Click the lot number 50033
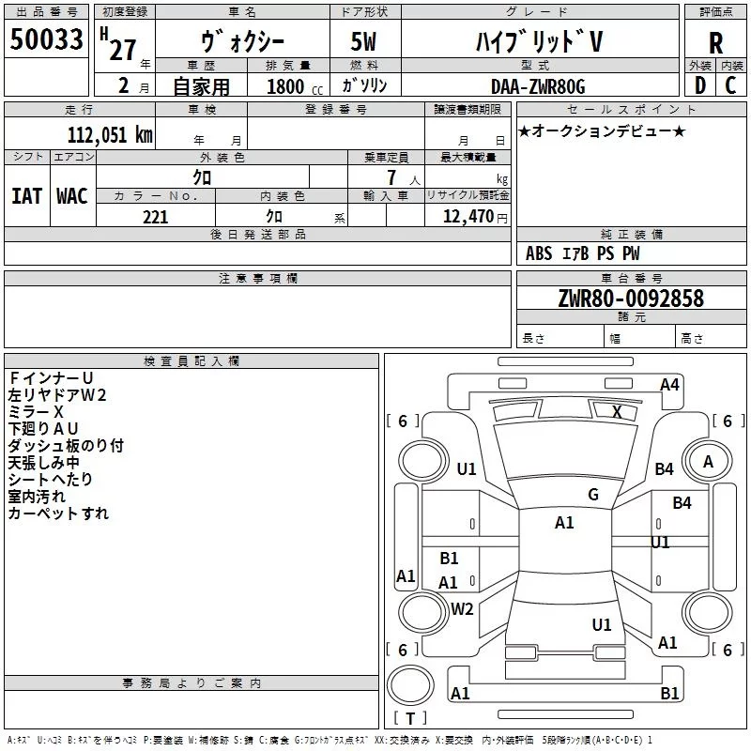point(46,39)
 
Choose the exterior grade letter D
point(699,85)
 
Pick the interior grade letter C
point(731,85)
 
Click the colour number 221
point(156,217)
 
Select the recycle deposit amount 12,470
point(468,217)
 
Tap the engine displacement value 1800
point(285,87)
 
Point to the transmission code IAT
point(26,196)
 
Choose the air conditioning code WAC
point(71,196)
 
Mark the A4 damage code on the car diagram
point(669,385)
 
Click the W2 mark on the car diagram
point(462,609)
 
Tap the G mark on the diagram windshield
point(592,495)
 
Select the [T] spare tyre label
point(410,719)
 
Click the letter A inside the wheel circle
point(708,461)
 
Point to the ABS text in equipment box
point(539,253)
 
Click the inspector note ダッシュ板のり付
point(66,446)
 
